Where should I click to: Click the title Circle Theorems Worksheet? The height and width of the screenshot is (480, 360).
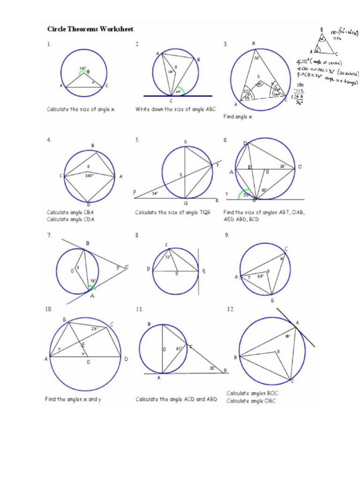coord(90,29)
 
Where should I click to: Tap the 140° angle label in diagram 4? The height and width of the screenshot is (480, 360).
coord(90,176)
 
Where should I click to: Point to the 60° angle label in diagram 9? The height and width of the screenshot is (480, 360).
coord(260,277)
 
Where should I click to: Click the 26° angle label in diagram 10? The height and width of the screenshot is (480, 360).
coord(95,329)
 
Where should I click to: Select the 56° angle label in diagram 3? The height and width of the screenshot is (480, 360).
coord(257,59)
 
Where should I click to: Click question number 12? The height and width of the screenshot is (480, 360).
coord(230,309)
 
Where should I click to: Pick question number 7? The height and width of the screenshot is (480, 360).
coord(49,235)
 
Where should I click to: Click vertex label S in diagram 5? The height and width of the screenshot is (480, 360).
coord(185,142)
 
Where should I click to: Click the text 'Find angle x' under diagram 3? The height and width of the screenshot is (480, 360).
coord(237,117)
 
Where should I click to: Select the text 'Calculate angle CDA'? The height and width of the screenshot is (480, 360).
coord(70,219)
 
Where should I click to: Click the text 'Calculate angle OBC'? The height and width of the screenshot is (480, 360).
coord(251,401)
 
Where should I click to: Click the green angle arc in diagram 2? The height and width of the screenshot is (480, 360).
coord(180,89)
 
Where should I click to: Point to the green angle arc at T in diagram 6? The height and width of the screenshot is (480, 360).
coord(243,195)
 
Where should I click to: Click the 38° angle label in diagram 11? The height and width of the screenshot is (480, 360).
coord(212,368)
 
